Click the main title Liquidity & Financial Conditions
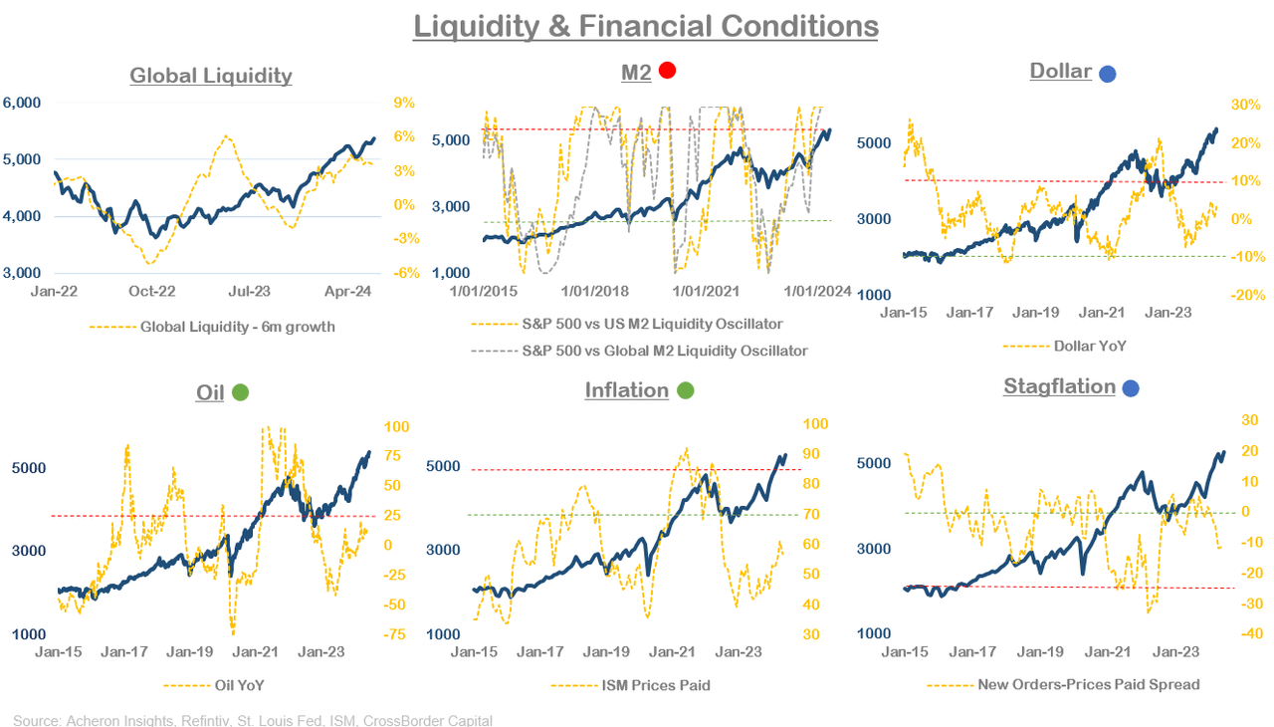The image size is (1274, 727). point(645,25)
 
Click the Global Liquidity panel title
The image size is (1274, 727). point(211,76)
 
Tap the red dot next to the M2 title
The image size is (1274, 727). point(667,71)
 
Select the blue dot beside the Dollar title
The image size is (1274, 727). point(1107,73)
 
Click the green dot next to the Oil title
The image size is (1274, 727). point(240,392)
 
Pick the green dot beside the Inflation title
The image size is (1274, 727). point(685,391)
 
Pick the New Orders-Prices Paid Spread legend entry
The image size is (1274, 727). point(1089,684)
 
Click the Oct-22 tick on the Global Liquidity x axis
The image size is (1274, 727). point(153,292)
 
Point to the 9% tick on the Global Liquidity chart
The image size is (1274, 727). point(404,103)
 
